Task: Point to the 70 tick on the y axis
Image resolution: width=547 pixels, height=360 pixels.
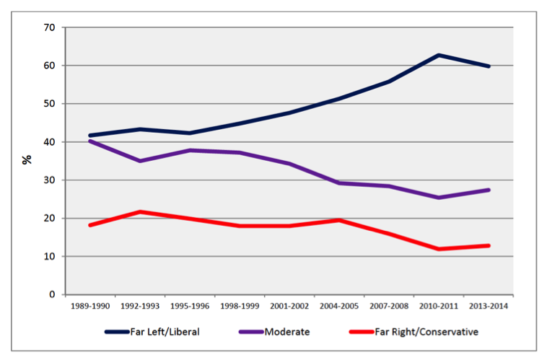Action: [50, 27]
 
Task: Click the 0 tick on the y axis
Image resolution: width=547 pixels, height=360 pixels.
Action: [53, 294]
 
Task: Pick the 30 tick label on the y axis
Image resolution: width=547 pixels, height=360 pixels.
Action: [50, 180]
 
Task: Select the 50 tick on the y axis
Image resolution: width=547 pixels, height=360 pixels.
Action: [50, 104]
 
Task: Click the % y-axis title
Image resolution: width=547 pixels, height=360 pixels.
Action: [27, 159]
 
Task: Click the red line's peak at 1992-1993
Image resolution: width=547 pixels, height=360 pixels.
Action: [140, 211]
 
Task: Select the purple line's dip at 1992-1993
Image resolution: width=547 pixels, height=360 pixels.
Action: [140, 161]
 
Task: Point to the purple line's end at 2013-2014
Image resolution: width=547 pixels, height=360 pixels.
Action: [489, 190]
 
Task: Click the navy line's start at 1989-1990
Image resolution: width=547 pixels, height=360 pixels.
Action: [90, 136]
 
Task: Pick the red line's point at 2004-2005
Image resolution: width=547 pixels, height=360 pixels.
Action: [340, 220]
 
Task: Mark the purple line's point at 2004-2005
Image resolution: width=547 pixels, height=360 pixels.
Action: [340, 183]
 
